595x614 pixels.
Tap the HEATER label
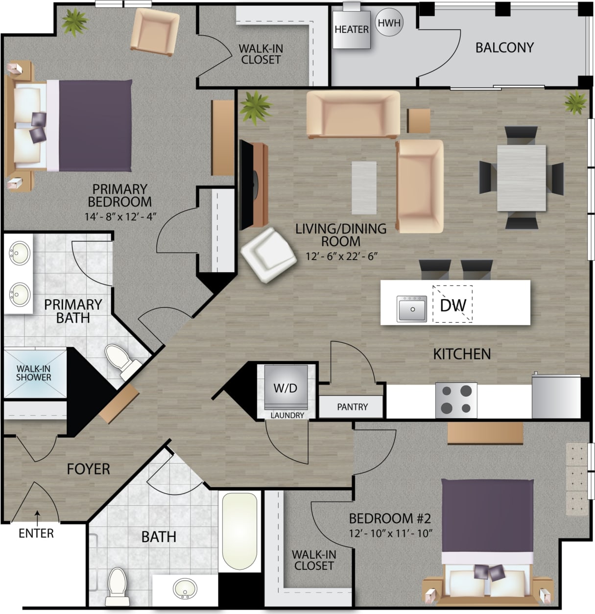pyautogui.click(x=351, y=29)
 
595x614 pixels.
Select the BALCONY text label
pyautogui.click(x=504, y=47)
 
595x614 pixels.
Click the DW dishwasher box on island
pyautogui.click(x=453, y=305)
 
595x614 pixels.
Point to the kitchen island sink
pyautogui.click(x=411, y=309)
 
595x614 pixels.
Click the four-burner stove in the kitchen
pyautogui.click(x=456, y=400)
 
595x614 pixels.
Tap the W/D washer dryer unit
pyautogui.click(x=285, y=388)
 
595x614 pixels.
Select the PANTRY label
pyautogui.click(x=352, y=407)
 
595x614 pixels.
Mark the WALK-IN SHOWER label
pyautogui.click(x=33, y=373)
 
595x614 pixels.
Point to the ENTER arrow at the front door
pyautogui.click(x=36, y=515)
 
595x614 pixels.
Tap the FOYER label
pyautogui.click(x=88, y=469)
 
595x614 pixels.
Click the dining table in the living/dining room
pyautogui.click(x=521, y=178)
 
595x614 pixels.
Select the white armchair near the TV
pyautogui.click(x=268, y=254)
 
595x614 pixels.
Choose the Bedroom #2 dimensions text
pyautogui.click(x=390, y=533)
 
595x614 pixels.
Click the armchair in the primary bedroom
pyautogui.click(x=155, y=31)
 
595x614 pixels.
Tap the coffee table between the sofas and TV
pyautogui.click(x=364, y=188)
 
